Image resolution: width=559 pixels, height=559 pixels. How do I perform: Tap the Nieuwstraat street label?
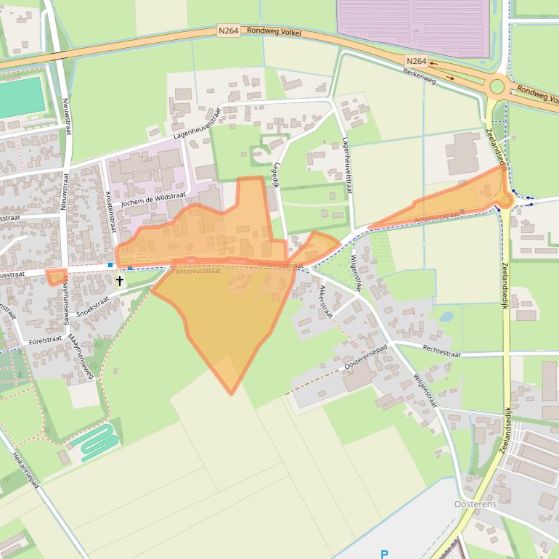click(x=66, y=116)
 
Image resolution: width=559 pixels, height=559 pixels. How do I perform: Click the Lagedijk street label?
click(x=276, y=174)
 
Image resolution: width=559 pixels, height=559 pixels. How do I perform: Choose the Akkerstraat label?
click(x=325, y=301)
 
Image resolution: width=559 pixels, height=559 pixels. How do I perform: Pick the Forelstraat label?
click(x=45, y=340)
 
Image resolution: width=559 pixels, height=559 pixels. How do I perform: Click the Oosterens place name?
click(x=475, y=504)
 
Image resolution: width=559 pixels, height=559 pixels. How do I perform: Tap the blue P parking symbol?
click(x=384, y=554)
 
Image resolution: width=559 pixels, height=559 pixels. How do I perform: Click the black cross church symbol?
click(x=120, y=280)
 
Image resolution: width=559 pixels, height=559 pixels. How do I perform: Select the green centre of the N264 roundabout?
click(x=497, y=87)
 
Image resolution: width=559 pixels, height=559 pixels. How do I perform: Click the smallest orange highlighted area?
click(x=56, y=277)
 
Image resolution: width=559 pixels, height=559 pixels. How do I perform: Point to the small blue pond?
click(x=446, y=317)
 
